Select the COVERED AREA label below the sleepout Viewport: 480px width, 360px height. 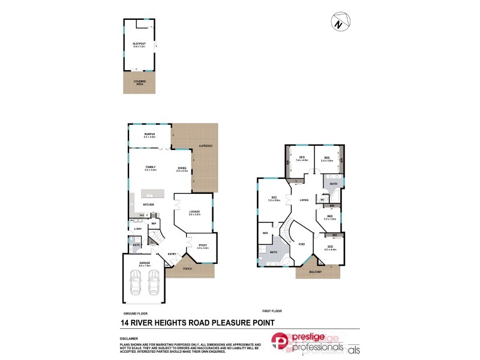[139, 82]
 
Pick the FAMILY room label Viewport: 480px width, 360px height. [150, 167]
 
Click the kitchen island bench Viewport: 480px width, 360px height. [153, 193]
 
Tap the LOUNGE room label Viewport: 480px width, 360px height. [194, 212]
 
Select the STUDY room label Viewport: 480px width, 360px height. [202, 245]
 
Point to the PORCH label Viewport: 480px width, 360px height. [188, 268]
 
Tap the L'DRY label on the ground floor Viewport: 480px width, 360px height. [137, 229]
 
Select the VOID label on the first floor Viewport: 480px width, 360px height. [302, 244]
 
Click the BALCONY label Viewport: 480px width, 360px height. [316, 272]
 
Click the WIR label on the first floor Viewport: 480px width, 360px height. [264, 233]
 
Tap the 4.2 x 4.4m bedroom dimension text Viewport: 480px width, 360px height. [330, 249]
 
